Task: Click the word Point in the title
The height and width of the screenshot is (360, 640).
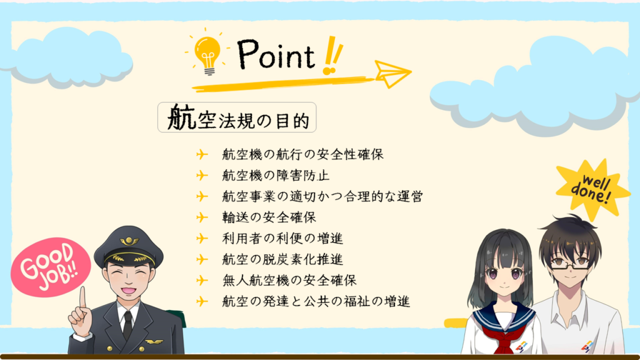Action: click(x=276, y=55)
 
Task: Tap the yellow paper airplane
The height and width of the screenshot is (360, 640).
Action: click(x=392, y=74)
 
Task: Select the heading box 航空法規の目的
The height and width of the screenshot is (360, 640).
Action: click(x=237, y=117)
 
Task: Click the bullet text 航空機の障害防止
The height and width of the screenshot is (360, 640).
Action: click(x=276, y=176)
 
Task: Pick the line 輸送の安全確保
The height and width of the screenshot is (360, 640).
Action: click(x=269, y=217)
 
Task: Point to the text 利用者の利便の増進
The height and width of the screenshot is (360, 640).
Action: click(x=282, y=238)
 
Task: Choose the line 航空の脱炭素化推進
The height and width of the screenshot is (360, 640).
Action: click(x=282, y=259)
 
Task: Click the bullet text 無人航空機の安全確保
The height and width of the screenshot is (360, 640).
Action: click(x=289, y=281)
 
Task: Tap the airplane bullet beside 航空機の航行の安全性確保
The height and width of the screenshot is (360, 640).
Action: click(x=202, y=154)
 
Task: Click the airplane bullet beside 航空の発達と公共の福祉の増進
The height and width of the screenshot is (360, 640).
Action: click(x=202, y=302)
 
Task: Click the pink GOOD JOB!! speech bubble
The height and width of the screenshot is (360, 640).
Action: click(x=51, y=266)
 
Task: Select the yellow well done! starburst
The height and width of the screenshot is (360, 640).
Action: click(x=592, y=189)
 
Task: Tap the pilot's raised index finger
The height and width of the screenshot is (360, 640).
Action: click(x=83, y=298)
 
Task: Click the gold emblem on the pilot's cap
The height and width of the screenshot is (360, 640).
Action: click(x=129, y=241)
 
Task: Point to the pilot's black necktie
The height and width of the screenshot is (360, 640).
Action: click(x=127, y=325)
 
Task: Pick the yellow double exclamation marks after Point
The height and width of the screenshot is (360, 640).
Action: click(x=332, y=56)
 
